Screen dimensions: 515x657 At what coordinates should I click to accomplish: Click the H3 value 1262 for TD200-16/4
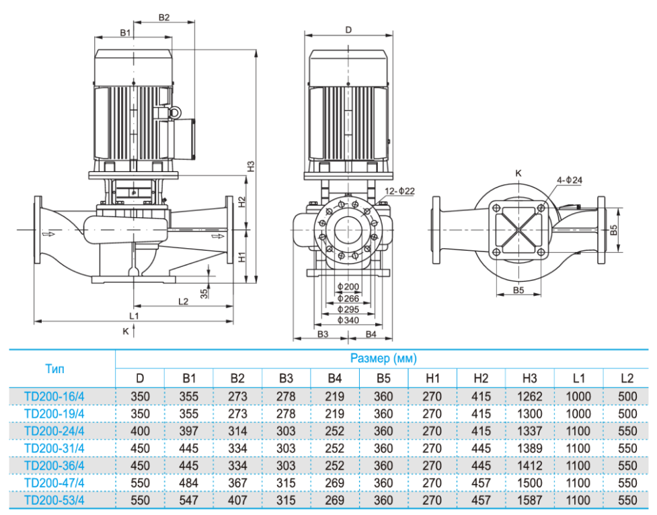tap(531, 396)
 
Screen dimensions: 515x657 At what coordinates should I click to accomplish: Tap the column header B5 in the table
tap(383, 379)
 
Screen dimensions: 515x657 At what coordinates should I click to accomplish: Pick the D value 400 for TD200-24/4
tap(140, 431)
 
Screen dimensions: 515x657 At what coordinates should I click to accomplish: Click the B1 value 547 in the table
tap(189, 500)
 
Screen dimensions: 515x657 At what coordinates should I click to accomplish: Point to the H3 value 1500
tap(531, 483)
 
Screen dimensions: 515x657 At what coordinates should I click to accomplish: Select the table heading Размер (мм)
tap(383, 359)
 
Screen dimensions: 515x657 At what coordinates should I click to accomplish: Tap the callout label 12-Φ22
tap(400, 192)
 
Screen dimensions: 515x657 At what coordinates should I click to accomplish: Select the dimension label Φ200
tap(348, 287)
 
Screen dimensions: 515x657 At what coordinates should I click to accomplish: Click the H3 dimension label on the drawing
tap(249, 166)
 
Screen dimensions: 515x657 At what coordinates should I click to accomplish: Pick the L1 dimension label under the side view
tap(134, 315)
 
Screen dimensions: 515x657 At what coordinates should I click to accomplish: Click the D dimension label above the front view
tap(348, 30)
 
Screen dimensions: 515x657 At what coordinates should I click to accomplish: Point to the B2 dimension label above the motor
tap(164, 17)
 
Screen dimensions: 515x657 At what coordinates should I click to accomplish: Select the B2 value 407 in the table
tap(237, 500)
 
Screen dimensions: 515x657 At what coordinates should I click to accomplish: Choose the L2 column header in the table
tap(627, 379)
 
